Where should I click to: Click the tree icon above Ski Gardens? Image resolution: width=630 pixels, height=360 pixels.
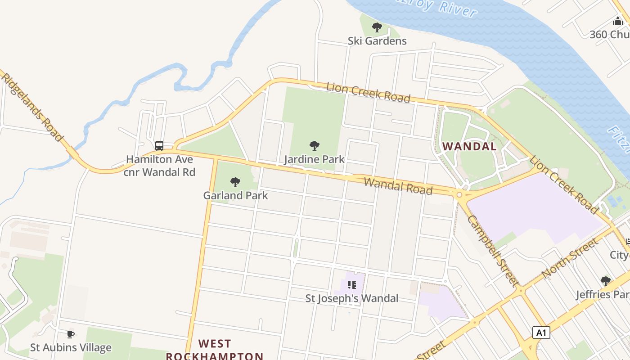[x=377, y=27]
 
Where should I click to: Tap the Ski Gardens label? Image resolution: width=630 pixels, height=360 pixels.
[x=377, y=41]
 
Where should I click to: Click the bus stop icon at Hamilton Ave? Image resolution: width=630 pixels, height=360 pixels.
[x=159, y=145]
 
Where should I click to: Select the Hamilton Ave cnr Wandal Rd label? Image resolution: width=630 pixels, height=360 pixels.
[x=160, y=166]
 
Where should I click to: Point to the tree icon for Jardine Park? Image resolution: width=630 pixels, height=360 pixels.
[x=315, y=145]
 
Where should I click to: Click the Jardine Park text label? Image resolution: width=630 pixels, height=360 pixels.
[x=315, y=159]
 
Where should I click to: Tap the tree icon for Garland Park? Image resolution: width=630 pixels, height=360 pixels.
[x=235, y=182]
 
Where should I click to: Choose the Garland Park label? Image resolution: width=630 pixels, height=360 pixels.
[x=235, y=195]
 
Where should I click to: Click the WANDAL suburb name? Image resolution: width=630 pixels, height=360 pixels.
[x=469, y=146]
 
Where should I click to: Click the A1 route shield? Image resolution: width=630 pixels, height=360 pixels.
[x=541, y=333]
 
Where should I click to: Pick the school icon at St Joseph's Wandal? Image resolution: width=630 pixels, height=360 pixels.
[x=352, y=284]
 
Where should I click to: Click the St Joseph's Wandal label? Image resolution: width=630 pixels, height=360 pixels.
[x=352, y=298]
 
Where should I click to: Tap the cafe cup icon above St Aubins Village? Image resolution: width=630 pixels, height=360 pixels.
[x=71, y=334]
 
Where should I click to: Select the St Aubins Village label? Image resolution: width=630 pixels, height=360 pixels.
[x=71, y=347]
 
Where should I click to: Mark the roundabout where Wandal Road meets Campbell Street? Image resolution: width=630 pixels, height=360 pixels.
[x=459, y=195]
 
